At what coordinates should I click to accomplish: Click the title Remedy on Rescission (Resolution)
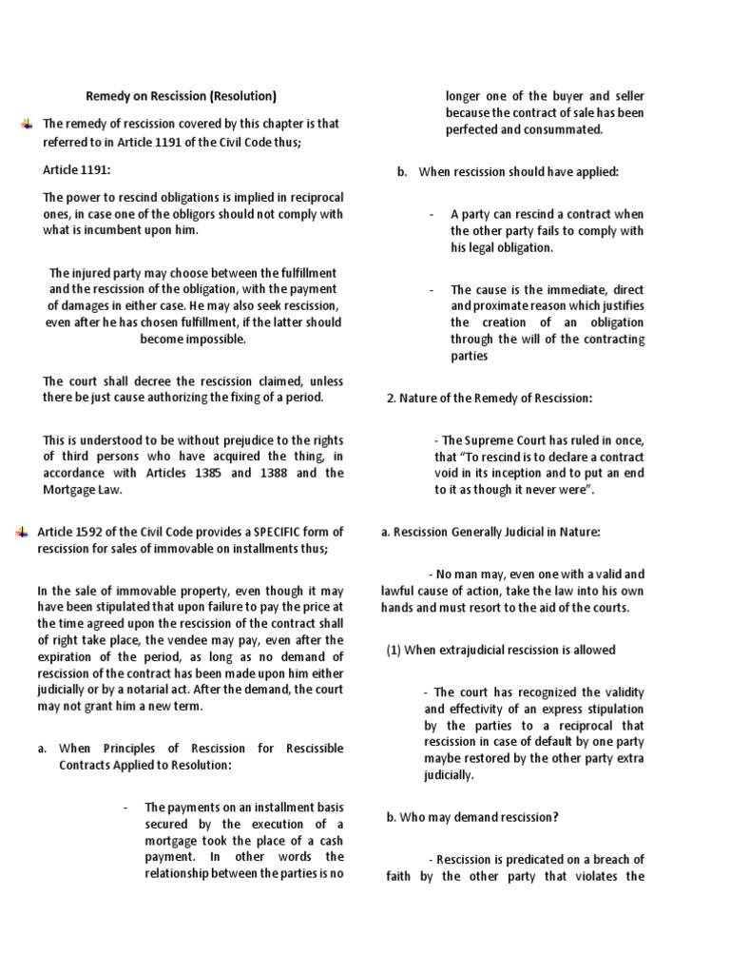pos(182,96)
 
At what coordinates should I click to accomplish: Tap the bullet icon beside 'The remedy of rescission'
pos(25,124)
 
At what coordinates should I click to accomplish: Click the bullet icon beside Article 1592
pos(22,532)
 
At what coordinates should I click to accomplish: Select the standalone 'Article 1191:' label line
pos(77,169)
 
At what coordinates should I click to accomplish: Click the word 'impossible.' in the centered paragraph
pos(193,339)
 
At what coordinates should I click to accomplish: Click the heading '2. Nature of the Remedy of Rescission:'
pos(490,399)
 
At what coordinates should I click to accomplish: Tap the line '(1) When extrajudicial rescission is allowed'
pos(501,650)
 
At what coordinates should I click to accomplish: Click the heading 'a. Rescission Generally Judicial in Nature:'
pos(490,532)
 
